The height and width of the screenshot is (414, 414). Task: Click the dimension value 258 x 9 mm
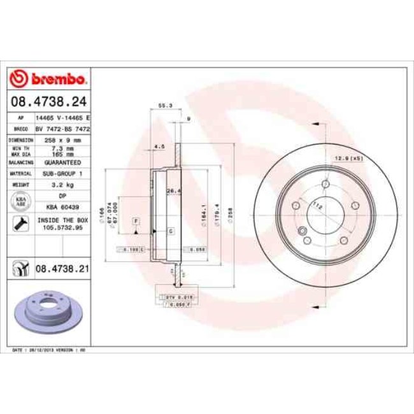62,139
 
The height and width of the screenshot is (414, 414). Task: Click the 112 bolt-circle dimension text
317,205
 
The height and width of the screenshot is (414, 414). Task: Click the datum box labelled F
136,220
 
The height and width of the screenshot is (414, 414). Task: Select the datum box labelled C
171,231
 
